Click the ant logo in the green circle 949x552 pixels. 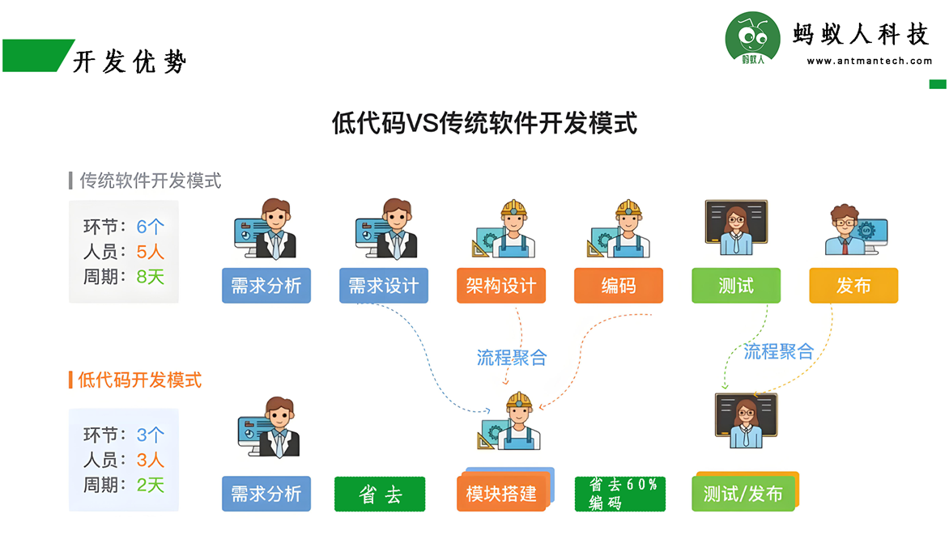pos(752,38)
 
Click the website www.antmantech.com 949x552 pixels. pos(869,61)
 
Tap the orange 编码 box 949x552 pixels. pos(619,285)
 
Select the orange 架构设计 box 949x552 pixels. pos(501,285)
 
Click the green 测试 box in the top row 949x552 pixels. pos(736,285)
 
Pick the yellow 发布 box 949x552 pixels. pos(853,285)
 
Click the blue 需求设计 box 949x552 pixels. pos(384,285)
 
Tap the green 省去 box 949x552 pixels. pos(380,494)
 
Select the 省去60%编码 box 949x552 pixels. pos(619,494)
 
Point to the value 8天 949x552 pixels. pos(150,277)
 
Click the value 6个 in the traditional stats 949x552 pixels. pos(150,227)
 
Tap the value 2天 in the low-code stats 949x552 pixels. pos(150,485)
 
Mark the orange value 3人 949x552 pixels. pos(150,460)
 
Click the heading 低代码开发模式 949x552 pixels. pos(140,380)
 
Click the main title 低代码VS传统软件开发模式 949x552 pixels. pos(484,123)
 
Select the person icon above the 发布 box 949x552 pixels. pos(855,229)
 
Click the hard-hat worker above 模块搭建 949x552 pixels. pos(509,420)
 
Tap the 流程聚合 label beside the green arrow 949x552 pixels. pos(778,351)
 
